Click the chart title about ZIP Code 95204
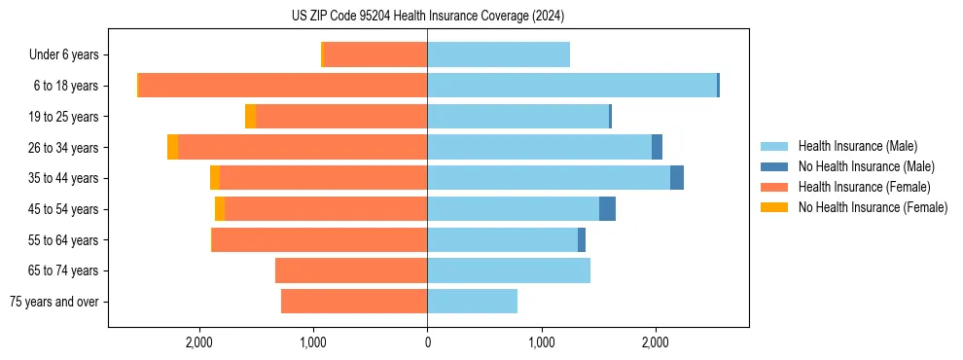coord(427,17)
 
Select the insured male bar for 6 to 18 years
coord(572,86)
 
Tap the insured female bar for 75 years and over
coord(354,302)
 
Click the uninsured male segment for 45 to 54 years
coord(607,209)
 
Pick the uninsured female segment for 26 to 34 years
coord(173,147)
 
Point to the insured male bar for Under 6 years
coord(498,54)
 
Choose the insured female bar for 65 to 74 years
coord(351,270)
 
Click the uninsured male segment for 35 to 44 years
coord(677,178)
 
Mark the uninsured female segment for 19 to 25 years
coord(251,117)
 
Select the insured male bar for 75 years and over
coord(472,302)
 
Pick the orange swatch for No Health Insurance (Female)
coord(775,207)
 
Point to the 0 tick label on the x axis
coord(427,342)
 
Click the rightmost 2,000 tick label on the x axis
coord(655,342)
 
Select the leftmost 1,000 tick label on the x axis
coord(313,342)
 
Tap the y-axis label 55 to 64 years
coord(64,240)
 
